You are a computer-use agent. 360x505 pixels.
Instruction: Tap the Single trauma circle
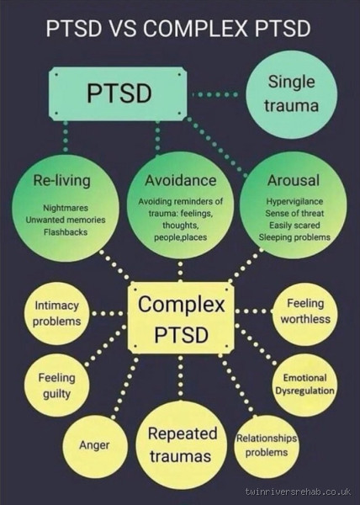click(291, 93)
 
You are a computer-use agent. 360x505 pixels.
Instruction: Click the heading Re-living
click(61, 181)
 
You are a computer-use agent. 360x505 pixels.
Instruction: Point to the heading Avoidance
click(180, 181)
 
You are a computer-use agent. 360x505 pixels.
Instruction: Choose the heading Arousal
click(292, 181)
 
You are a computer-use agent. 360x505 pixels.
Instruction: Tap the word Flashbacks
click(62, 232)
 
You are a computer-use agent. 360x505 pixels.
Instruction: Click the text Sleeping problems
click(294, 237)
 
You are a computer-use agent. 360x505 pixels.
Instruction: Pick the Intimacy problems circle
click(57, 313)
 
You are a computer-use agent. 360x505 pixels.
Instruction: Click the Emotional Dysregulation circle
click(304, 385)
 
